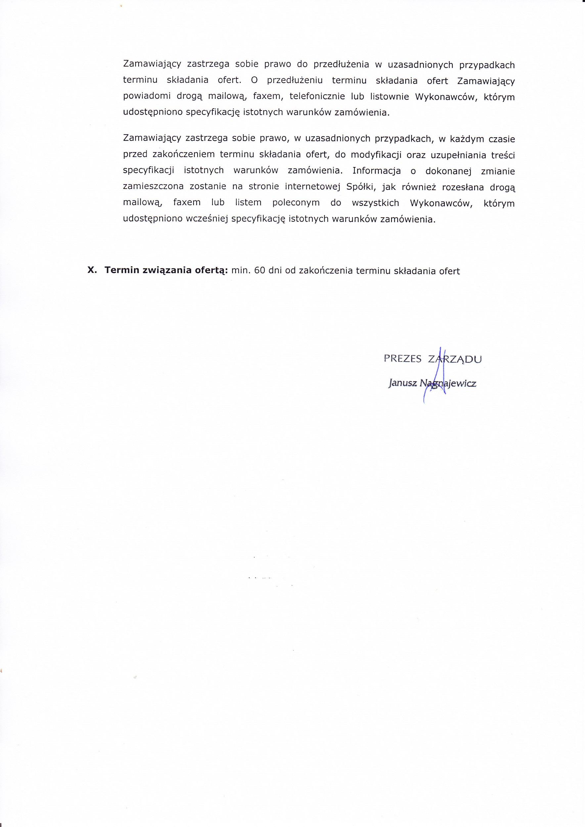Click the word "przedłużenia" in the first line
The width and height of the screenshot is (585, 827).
pos(341,65)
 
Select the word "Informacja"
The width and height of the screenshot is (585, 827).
pos(377,171)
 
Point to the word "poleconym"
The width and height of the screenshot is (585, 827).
pos(296,203)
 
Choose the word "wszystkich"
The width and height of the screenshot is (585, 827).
pos(375,203)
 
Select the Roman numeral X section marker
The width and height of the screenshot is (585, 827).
pos(92,270)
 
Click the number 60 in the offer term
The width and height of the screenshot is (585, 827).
pos(259,271)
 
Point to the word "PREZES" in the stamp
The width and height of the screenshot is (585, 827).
pos(402,359)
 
